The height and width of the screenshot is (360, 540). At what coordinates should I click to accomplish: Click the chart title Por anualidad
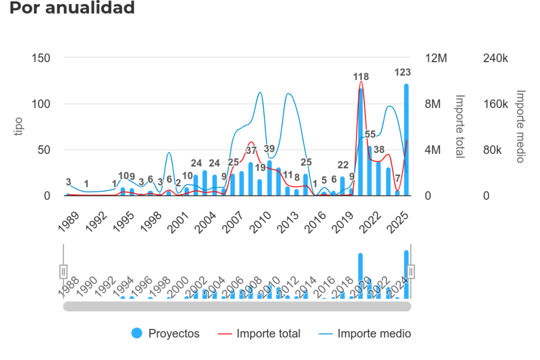point(72,8)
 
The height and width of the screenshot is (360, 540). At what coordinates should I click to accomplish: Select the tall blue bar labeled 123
point(407,140)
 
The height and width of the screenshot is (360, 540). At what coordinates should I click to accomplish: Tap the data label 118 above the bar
point(361,77)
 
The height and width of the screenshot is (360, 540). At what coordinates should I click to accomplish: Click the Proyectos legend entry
point(166,333)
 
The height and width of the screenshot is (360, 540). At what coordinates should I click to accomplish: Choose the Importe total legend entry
point(259,333)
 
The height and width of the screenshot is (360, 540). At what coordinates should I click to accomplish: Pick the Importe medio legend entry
point(365,333)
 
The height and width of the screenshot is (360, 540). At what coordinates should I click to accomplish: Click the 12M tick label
point(436,58)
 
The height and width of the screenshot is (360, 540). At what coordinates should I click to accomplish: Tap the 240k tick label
point(496,58)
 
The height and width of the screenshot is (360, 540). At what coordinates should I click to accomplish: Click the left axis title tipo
point(18,127)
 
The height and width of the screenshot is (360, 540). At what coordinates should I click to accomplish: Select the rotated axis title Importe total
point(460,127)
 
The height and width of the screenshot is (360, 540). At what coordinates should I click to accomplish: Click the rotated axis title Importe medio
point(520,127)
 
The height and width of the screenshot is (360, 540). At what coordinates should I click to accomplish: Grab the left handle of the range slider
point(63,271)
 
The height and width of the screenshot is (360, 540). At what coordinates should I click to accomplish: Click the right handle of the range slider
point(411,271)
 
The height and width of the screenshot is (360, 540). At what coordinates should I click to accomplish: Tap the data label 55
point(370,134)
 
